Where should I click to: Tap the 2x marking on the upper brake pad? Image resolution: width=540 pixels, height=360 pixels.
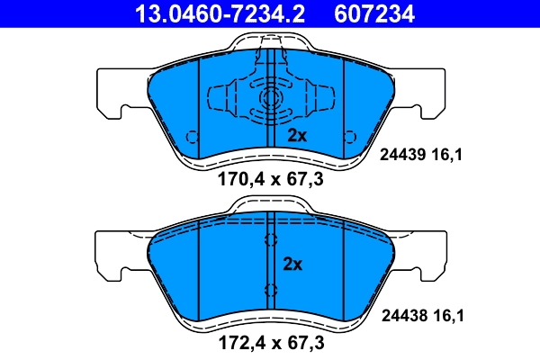(x=298, y=136)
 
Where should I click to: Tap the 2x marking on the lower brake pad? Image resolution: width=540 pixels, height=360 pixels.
(x=293, y=265)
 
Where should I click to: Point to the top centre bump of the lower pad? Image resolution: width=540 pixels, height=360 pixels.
(x=271, y=204)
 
